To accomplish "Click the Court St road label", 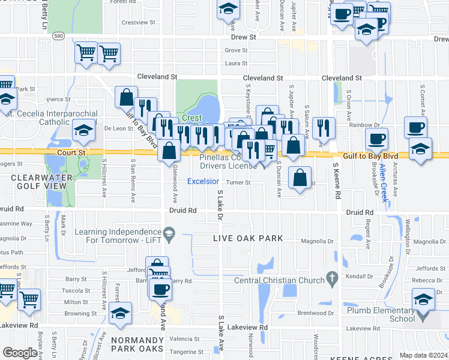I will [x=71, y=153].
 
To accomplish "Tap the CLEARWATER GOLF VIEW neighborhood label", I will [x=42, y=182].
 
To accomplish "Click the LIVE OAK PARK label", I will [x=248, y=238].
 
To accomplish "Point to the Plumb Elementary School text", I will [x=380, y=314].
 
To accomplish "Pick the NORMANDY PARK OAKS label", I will [x=136, y=344].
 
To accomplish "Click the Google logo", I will [x=20, y=353].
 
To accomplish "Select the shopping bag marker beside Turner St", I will [x=299, y=177].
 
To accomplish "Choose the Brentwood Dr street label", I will [x=316, y=313].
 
